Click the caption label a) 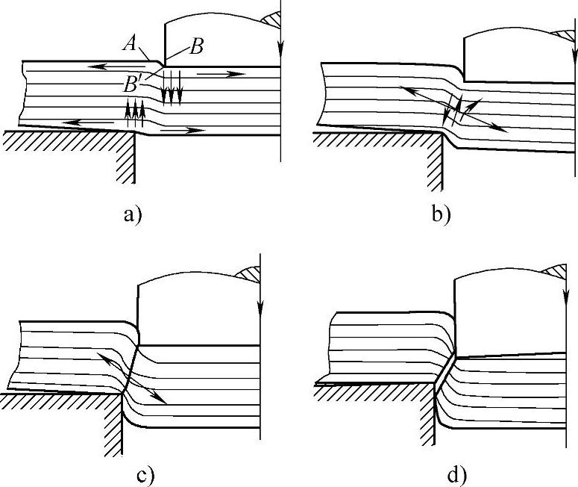(x=132, y=217)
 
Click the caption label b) (x=441, y=217)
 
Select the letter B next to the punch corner (x=197, y=46)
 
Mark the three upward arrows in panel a (x=134, y=111)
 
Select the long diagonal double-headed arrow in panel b (x=453, y=109)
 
